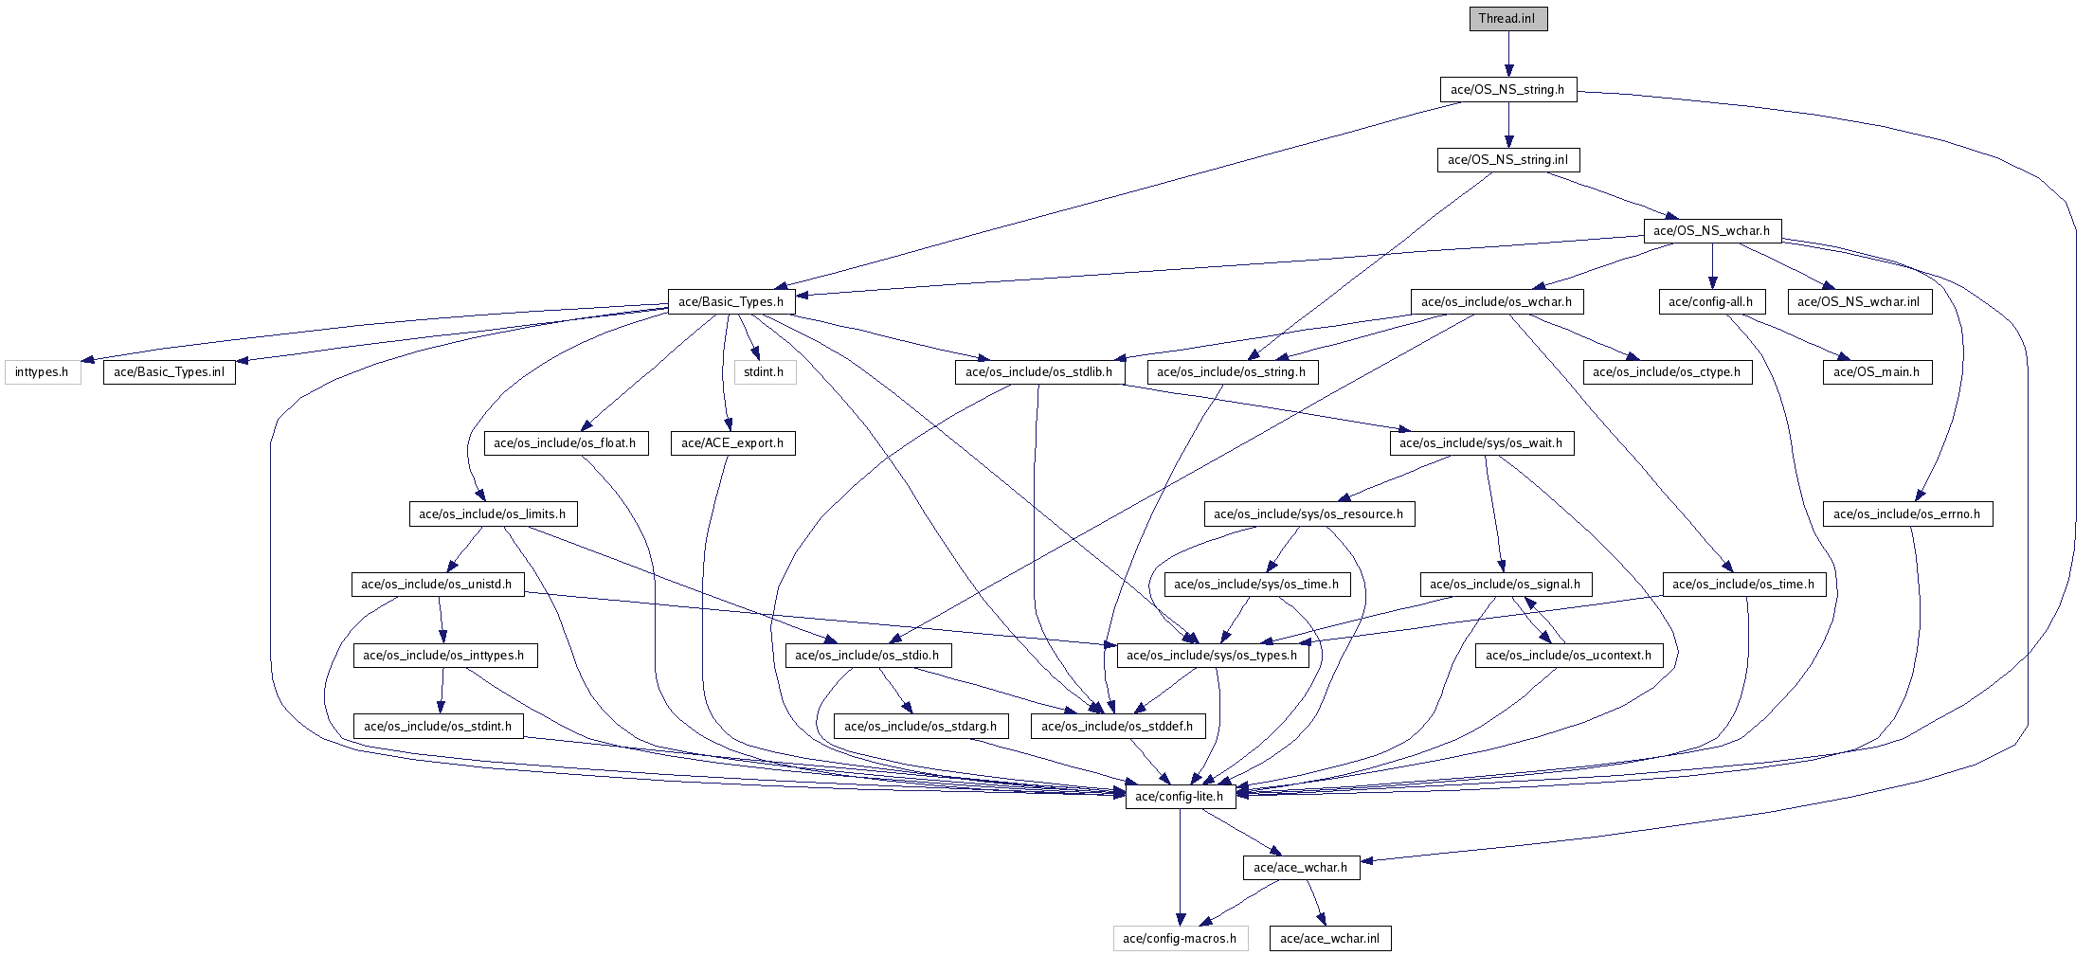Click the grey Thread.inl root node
pos(1507,19)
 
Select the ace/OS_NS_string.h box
pos(1507,90)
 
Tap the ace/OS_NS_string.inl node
pos(1507,160)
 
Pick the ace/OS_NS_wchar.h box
pos(1711,231)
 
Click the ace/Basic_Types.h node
pos(731,302)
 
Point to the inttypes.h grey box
pos(42,372)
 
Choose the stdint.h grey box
pos(764,372)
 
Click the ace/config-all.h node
pos(1711,302)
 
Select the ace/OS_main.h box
pos(1876,372)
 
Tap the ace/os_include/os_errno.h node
pos(1906,514)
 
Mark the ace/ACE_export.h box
pos(732,443)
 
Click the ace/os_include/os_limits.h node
pos(493,514)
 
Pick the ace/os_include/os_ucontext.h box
pos(1568,656)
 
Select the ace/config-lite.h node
pos(1180,797)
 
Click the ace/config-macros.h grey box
pos(1180,939)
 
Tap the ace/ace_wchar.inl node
pos(1330,939)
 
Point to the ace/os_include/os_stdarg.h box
pos(921,727)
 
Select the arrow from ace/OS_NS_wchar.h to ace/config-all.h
pos(1712,266)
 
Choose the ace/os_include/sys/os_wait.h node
pos(1481,443)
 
